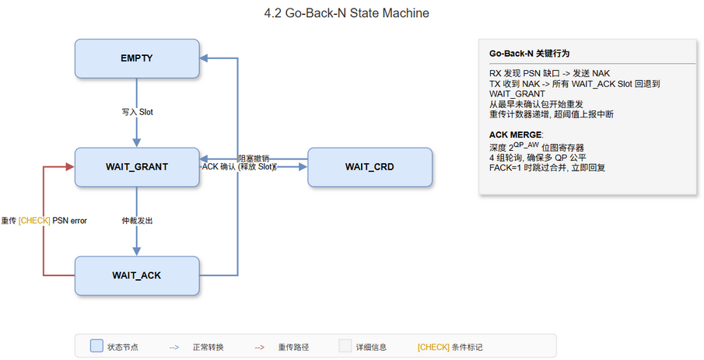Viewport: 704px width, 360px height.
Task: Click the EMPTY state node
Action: pos(136,59)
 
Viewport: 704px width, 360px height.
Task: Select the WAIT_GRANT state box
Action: pos(136,166)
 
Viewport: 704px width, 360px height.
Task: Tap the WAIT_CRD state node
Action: pos(370,166)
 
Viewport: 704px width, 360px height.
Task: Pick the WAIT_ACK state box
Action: pos(136,274)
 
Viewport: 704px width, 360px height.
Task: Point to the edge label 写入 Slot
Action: pos(137,112)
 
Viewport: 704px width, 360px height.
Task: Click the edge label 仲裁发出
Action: pos(137,221)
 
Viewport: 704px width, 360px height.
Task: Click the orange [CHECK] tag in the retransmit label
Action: pos(34,221)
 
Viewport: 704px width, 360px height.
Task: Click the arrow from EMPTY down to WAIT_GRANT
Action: pos(137,128)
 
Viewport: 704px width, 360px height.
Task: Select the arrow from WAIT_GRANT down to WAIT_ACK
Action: pos(137,237)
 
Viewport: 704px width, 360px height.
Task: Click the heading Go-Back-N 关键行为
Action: pos(529,54)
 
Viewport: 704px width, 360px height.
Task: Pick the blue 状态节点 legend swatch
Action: pos(96,347)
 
